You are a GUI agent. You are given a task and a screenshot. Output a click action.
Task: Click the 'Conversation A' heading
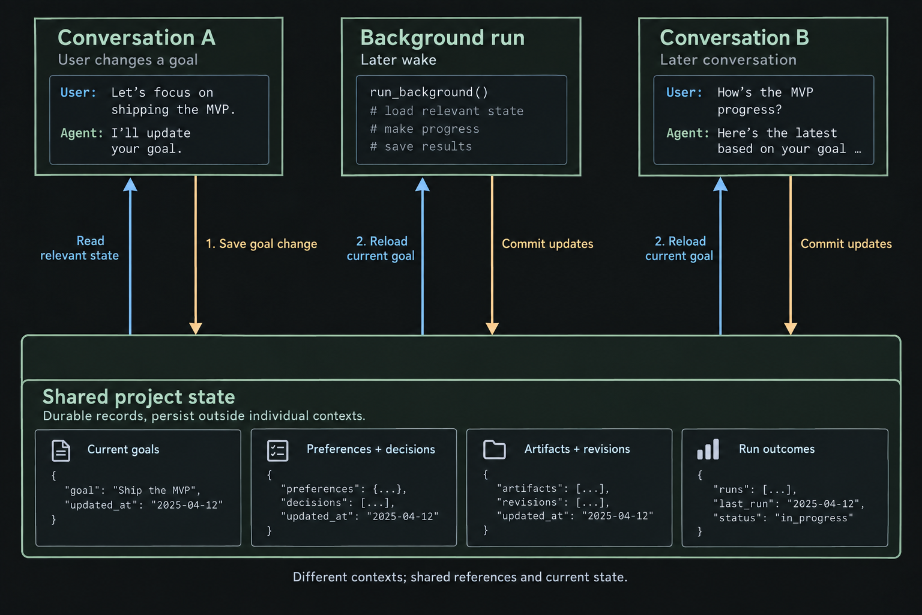click(136, 38)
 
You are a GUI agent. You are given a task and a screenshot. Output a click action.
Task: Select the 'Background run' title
click(442, 38)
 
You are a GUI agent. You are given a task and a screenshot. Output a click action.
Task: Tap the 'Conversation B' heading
click(734, 38)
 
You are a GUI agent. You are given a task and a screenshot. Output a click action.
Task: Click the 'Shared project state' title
click(139, 396)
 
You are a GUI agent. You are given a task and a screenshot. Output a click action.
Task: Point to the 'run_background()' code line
click(429, 92)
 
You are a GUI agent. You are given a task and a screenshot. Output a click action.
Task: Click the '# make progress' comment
click(425, 129)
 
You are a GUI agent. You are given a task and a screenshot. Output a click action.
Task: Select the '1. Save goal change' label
click(261, 244)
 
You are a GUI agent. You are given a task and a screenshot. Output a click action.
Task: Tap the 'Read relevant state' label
click(79, 248)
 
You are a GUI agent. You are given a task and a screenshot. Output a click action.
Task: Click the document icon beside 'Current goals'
click(61, 450)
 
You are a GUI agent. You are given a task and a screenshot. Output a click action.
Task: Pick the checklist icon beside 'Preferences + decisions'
click(277, 450)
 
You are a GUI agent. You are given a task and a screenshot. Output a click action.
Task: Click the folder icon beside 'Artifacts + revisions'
click(495, 449)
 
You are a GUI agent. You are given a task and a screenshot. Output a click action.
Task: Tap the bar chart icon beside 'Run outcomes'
click(708, 449)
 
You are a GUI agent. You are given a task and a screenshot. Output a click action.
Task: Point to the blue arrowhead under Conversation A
click(130, 184)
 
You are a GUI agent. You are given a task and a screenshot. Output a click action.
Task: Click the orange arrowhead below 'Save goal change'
click(196, 329)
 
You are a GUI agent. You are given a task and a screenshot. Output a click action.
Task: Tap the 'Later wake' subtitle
click(399, 60)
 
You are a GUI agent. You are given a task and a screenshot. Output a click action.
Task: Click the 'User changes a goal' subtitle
click(128, 60)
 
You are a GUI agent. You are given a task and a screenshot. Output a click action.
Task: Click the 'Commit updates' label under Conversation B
click(846, 244)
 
